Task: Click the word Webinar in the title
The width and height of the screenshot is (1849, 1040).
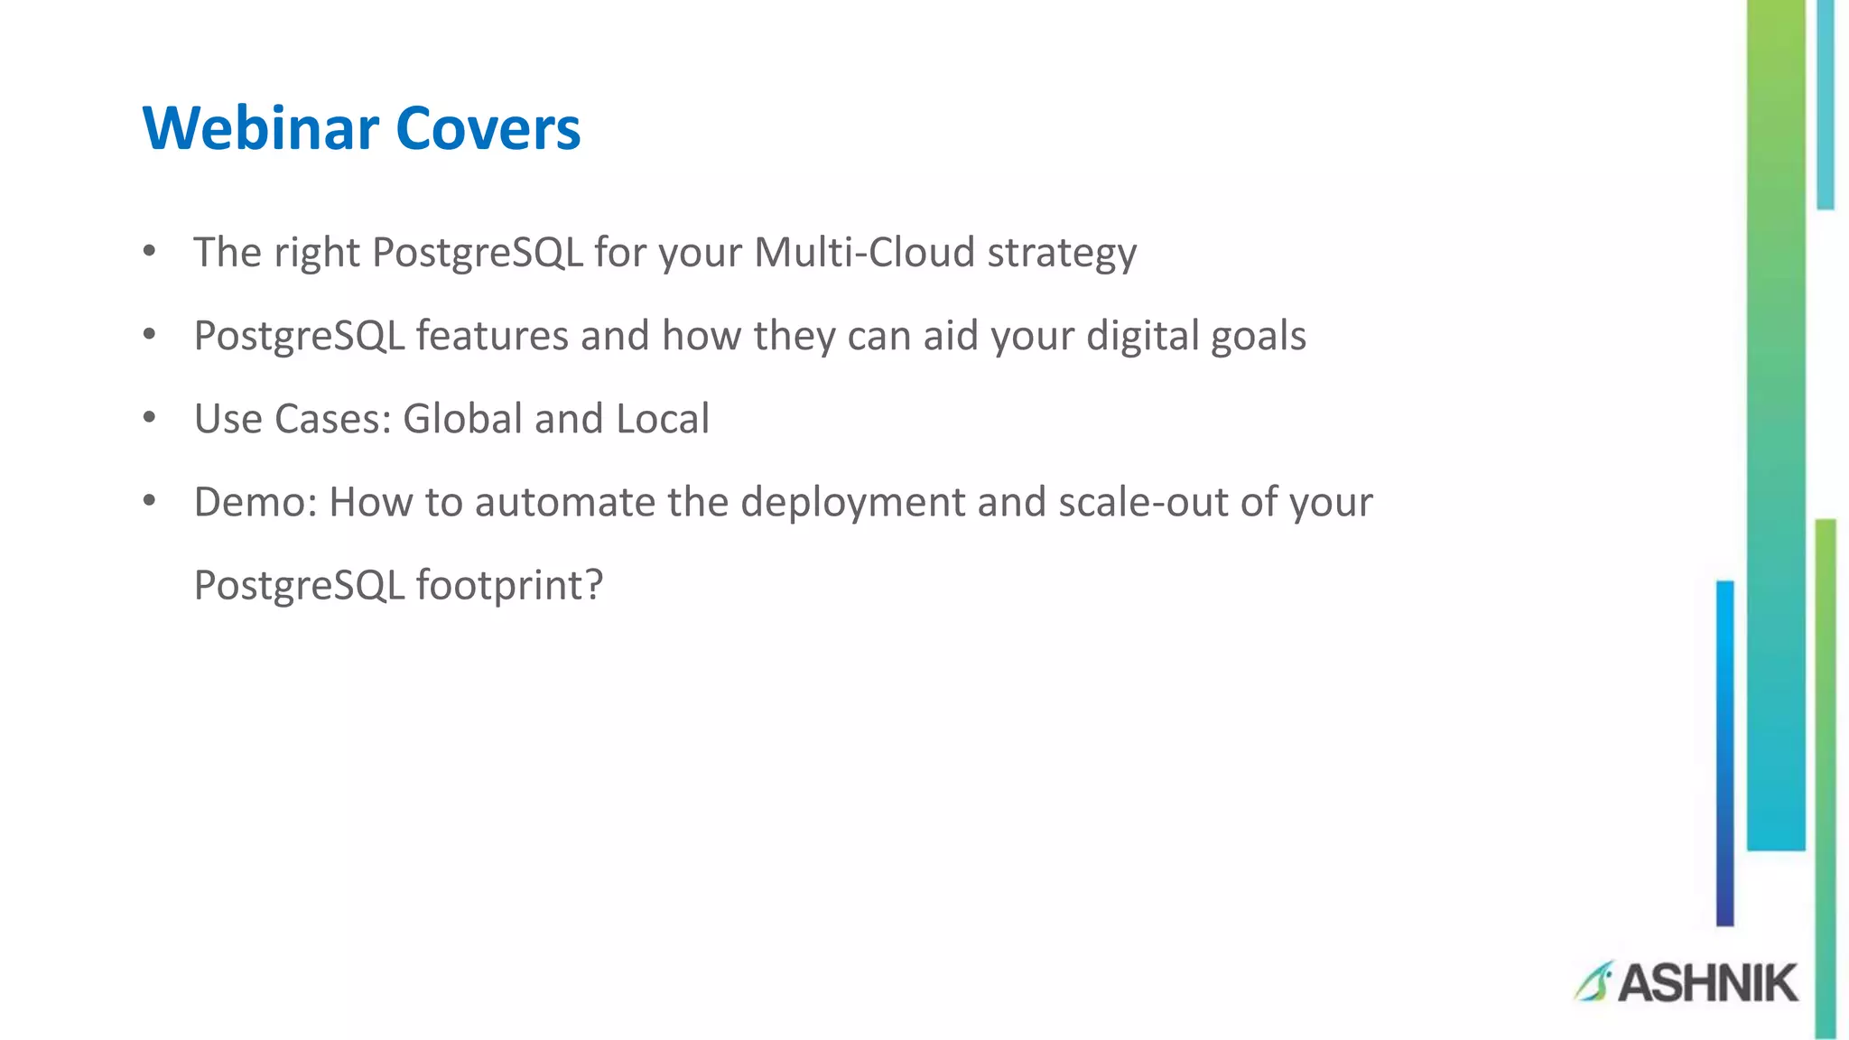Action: [260, 128]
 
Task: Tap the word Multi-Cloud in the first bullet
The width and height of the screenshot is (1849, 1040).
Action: [864, 252]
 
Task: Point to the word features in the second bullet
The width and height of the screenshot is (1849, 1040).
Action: [492, 336]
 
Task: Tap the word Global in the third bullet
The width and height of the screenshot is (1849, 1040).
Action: [462, 419]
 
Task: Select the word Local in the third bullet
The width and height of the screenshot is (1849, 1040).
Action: [663, 419]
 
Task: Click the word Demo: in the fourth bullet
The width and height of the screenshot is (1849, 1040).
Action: [256, 502]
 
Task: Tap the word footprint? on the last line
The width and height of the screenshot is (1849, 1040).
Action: [509, 586]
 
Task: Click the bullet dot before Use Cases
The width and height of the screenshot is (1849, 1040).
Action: [150, 418]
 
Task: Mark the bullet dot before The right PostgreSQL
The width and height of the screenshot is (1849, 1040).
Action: [150, 251]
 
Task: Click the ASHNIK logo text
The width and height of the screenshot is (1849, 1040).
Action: [1707, 983]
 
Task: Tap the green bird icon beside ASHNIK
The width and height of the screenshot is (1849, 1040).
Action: [1593, 981]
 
